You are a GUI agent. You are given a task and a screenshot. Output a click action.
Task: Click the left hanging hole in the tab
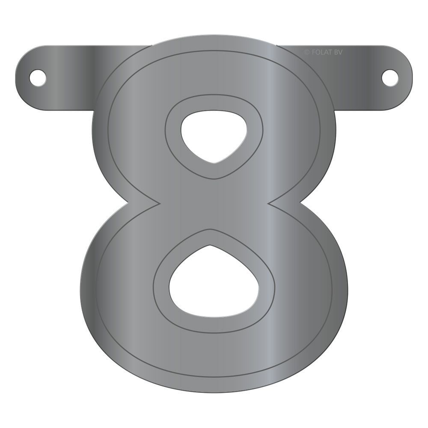[x=38, y=77]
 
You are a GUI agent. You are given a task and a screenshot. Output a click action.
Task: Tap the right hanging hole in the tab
[x=389, y=77]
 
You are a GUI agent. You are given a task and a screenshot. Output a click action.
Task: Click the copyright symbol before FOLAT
[x=306, y=52]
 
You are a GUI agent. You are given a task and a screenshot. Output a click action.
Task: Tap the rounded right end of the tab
[x=407, y=77]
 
